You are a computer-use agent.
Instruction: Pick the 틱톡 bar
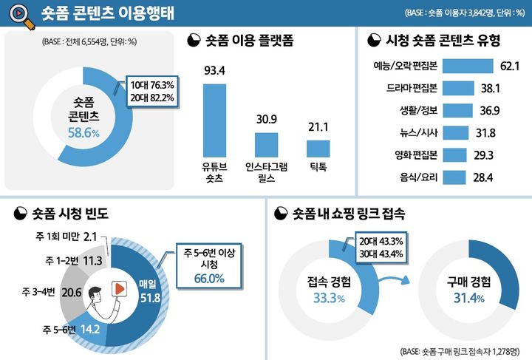coord(318,148)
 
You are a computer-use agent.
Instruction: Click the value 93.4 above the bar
coord(214,70)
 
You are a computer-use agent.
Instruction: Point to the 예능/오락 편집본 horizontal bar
coord(469,67)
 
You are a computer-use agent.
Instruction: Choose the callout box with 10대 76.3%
coord(152,92)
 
